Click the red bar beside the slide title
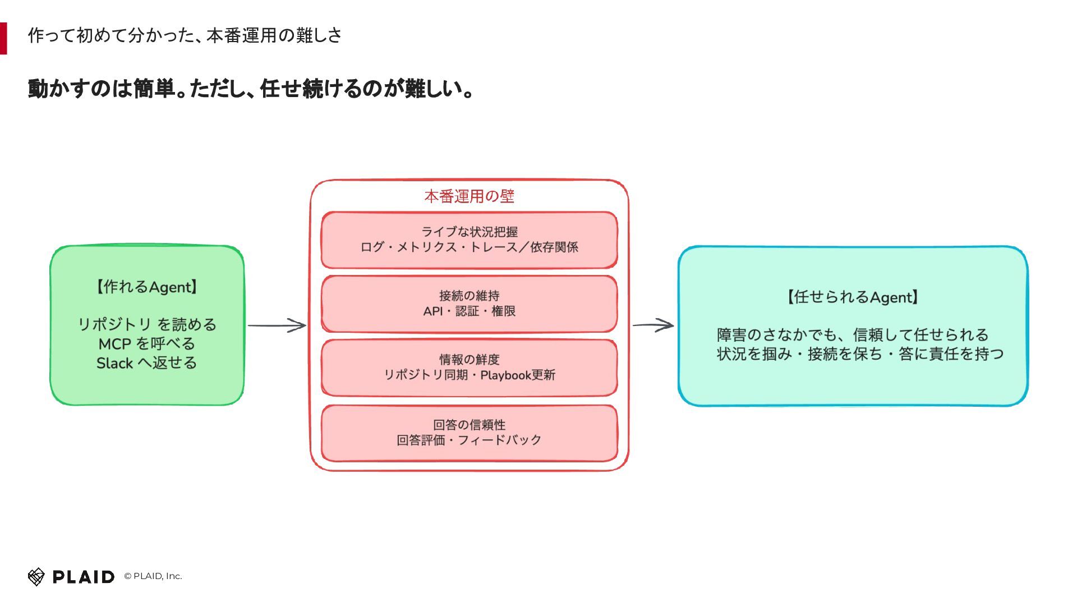[3, 38]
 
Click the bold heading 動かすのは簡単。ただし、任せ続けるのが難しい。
[251, 89]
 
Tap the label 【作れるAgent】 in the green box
[147, 287]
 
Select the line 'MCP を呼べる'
[147, 343]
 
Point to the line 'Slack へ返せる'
[147, 362]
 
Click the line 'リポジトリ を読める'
[147, 324]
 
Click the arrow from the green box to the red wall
[277, 325]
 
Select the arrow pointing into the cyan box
[653, 325]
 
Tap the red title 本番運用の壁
[470, 196]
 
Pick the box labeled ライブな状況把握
[470, 240]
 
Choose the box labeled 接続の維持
[470, 304]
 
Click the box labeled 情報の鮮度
[470, 368]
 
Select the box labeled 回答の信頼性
[470, 433]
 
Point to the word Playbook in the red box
[506, 375]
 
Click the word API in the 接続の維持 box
[433, 311]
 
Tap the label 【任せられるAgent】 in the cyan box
[853, 297]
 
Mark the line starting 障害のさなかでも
[853, 335]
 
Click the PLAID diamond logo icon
[36, 576]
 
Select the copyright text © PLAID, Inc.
[153, 576]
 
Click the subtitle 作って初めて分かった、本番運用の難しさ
[185, 35]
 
